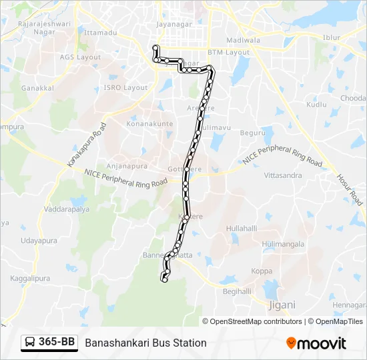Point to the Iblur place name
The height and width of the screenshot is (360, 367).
(x=331, y=38)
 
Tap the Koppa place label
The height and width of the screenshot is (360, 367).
(x=262, y=271)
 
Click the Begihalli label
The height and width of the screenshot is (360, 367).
(x=236, y=291)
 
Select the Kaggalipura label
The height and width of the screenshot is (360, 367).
(x=27, y=279)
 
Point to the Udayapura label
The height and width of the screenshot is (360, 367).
(x=37, y=241)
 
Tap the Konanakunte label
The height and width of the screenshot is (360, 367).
(x=149, y=124)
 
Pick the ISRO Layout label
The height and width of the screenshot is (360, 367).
(x=125, y=87)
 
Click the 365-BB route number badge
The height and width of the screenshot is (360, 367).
(x=49, y=343)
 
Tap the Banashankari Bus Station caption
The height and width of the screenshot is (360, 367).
(x=145, y=343)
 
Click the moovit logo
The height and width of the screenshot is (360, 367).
(x=316, y=343)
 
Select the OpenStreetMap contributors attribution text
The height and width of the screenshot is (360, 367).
(x=256, y=321)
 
